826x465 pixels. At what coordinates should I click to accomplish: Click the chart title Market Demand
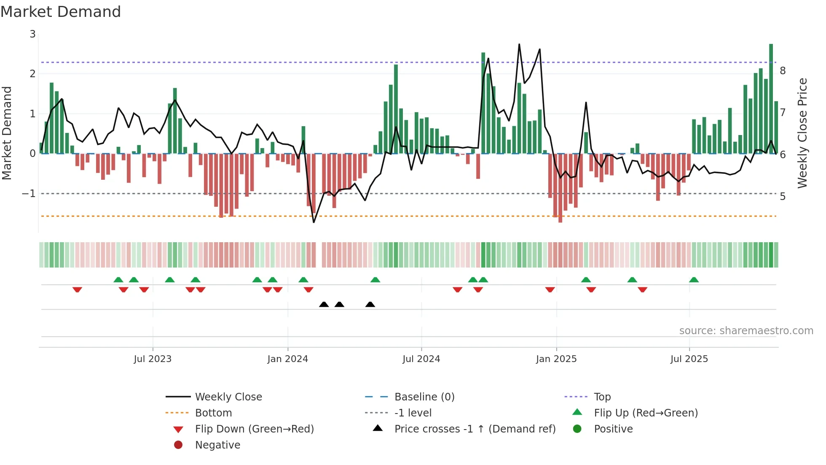coord(61,11)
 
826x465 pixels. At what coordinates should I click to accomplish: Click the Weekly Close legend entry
coord(228,397)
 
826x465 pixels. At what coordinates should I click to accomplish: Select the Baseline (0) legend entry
coord(424,397)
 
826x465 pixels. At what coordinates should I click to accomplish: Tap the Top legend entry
coord(602,397)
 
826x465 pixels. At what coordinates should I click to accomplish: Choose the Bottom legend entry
coord(213,413)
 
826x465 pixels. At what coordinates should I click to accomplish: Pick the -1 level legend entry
coord(413,413)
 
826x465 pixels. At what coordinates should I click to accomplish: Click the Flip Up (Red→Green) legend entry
coord(646,413)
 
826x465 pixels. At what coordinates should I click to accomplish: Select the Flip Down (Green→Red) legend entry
coord(254,429)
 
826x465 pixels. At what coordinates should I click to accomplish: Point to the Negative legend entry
coord(217,445)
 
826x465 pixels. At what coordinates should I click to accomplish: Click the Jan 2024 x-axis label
coord(287,359)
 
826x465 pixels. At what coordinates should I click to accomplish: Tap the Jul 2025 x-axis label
coord(689,359)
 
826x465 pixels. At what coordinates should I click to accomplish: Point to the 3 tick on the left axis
coord(32,34)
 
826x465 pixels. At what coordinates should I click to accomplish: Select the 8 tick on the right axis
coord(783,70)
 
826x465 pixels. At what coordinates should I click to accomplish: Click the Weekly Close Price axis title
coord(802,133)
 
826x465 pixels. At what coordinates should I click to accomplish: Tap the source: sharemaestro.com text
coord(746,330)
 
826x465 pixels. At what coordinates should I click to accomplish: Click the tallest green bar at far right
coord(771,97)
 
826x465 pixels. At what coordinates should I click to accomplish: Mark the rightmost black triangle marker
coord(370,304)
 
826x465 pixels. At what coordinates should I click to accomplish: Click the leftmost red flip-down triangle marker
coord(77,289)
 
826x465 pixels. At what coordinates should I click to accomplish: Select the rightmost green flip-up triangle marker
coord(694,280)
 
